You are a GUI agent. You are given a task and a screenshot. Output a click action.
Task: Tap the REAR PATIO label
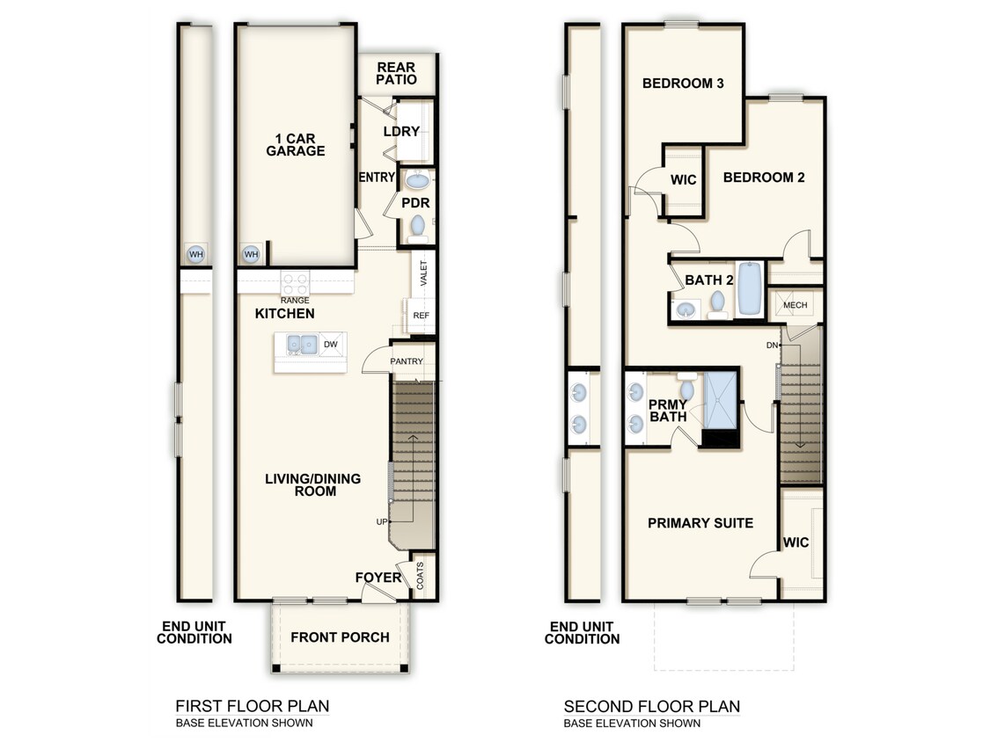[x=396, y=74]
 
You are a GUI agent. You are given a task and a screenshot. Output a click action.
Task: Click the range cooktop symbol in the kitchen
[x=295, y=283]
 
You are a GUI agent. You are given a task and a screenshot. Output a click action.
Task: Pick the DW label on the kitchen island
[x=331, y=345]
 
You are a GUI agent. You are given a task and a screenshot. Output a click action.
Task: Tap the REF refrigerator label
[x=420, y=314]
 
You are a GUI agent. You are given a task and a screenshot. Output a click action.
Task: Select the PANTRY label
[x=407, y=361]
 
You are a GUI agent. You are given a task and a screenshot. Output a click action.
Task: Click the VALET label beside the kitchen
[x=423, y=274]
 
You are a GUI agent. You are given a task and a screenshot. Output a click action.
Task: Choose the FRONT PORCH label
[x=340, y=637]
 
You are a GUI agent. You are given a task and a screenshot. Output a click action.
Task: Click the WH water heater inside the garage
[x=252, y=255]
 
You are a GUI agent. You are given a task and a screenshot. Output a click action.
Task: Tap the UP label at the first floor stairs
[x=382, y=522]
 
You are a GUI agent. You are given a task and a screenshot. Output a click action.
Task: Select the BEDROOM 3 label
[x=683, y=84]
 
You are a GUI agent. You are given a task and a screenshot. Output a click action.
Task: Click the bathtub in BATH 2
[x=750, y=288]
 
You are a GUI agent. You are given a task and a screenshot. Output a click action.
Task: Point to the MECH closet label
[x=795, y=305]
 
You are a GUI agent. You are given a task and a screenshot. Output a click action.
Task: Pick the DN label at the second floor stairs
[x=772, y=345]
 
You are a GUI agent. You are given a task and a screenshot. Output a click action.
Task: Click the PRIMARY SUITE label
[x=700, y=523]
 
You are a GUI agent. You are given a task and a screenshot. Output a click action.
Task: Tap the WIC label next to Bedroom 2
[x=683, y=180]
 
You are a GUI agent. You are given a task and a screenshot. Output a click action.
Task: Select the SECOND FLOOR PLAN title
[x=651, y=706]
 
